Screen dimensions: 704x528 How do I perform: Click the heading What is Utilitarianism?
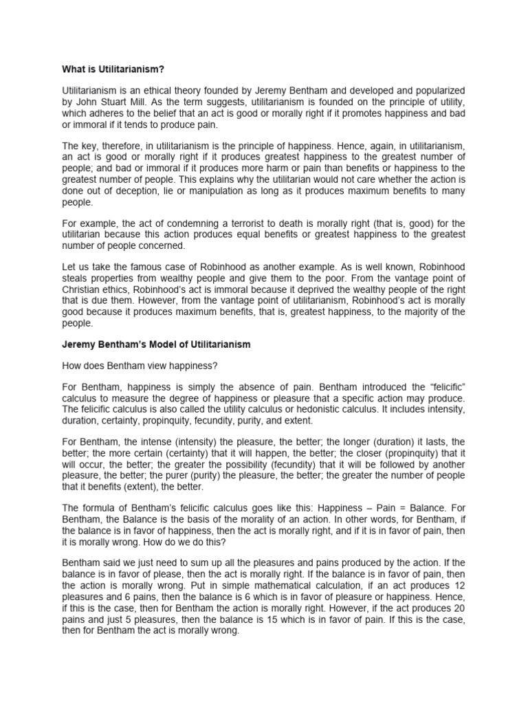[x=116, y=69]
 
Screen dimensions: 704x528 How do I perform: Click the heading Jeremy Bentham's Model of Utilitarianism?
[x=157, y=344]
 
